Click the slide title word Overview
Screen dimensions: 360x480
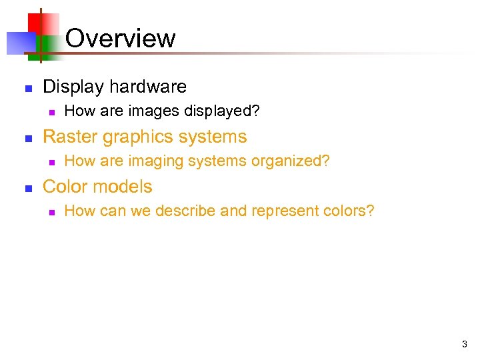pyautogui.click(x=121, y=38)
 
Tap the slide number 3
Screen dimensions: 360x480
pyautogui.click(x=464, y=345)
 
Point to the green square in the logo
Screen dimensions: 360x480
pyautogui.click(x=48, y=44)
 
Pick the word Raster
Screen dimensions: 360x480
pyautogui.click(x=69, y=137)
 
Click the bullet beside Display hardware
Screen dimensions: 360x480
pyautogui.click(x=28, y=87)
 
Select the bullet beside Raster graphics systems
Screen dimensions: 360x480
pyautogui.click(x=28, y=137)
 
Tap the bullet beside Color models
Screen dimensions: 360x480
pyautogui.click(x=28, y=187)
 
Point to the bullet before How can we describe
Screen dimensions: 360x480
pyautogui.click(x=51, y=212)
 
